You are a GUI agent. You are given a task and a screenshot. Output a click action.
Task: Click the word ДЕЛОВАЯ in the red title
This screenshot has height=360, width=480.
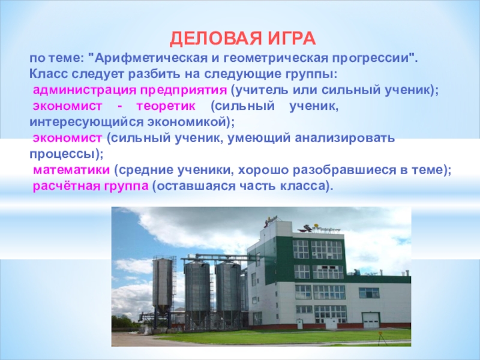tap(216, 39)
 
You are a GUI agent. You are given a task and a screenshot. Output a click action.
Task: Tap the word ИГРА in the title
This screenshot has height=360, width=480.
tap(292, 39)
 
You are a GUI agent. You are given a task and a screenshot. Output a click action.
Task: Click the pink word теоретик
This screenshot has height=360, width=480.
tap(166, 106)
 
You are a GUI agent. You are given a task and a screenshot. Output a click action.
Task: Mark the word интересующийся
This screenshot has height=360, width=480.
tap(86, 122)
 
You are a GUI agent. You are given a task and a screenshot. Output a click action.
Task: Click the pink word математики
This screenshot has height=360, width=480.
tap(71, 170)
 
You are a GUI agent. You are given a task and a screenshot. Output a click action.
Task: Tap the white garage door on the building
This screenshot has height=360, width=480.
tap(371, 320)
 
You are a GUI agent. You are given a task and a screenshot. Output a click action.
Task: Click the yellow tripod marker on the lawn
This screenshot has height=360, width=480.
tap(380, 338)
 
